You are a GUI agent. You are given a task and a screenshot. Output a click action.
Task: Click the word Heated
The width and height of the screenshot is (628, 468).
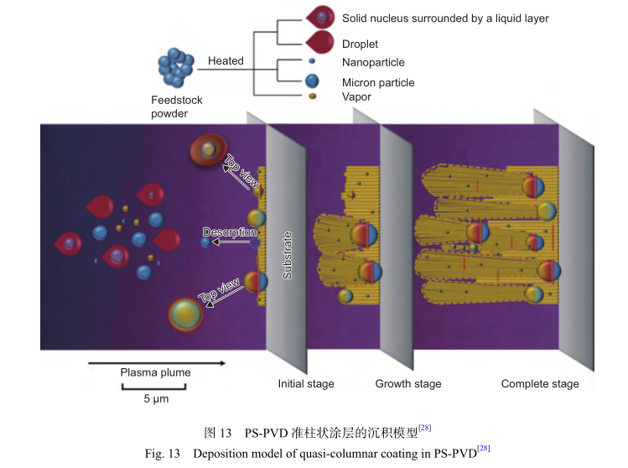pyautogui.click(x=226, y=61)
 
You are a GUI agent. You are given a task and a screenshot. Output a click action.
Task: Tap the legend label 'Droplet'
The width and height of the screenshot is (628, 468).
pyautogui.click(x=360, y=44)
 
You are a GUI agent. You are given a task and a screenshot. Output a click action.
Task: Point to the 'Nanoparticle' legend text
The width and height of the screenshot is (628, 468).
pyautogui.click(x=373, y=63)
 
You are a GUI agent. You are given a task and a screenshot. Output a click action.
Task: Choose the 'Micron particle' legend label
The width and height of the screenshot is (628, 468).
pyautogui.click(x=378, y=83)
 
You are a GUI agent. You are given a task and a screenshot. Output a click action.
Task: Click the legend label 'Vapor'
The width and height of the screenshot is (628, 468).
pyautogui.click(x=356, y=97)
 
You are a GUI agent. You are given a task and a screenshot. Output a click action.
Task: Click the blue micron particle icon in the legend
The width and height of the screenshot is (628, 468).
pyautogui.click(x=312, y=81)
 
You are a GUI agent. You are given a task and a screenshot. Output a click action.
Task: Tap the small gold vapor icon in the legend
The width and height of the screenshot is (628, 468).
pyautogui.click(x=312, y=97)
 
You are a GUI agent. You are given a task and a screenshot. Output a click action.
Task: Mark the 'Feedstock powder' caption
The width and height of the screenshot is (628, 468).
pyautogui.click(x=176, y=107)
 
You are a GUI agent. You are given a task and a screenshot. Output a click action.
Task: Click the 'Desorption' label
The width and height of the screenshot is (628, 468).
pyautogui.click(x=230, y=231)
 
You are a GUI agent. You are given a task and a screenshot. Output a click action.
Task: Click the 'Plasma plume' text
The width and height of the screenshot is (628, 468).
pyautogui.click(x=155, y=372)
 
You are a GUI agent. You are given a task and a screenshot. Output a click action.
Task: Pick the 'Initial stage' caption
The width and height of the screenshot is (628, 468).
pyautogui.click(x=306, y=384)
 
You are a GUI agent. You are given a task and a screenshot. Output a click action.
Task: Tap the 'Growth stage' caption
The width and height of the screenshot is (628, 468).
pyautogui.click(x=408, y=384)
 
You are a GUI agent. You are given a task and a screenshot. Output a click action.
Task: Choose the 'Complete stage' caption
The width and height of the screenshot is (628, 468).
pyautogui.click(x=540, y=384)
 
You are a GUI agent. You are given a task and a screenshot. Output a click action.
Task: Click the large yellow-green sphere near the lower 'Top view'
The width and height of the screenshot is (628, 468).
pyautogui.click(x=185, y=315)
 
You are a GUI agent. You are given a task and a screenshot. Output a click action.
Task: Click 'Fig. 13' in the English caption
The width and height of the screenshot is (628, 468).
pyautogui.click(x=162, y=454)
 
